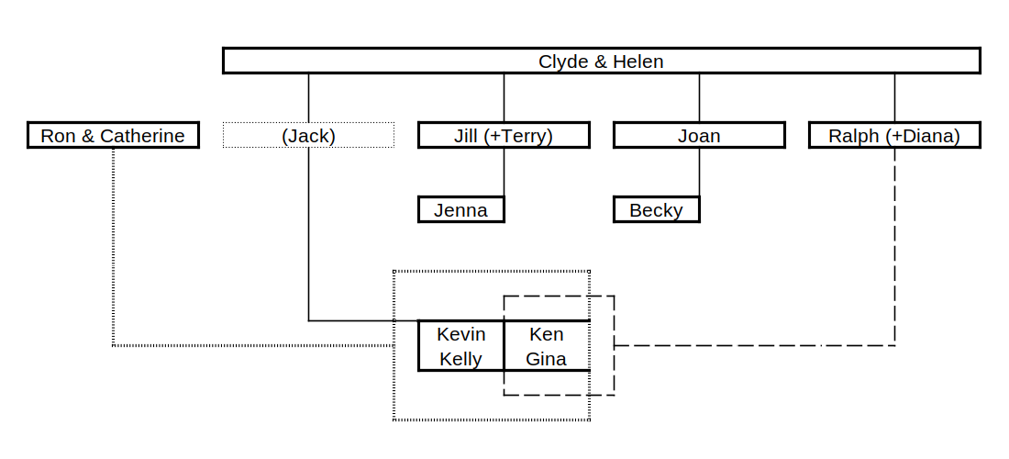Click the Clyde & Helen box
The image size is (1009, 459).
click(601, 62)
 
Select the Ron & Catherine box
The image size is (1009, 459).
click(113, 136)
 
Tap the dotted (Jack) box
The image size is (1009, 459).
click(308, 136)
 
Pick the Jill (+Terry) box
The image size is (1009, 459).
click(504, 136)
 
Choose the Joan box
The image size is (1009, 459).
click(699, 136)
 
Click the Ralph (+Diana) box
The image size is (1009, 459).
click(894, 136)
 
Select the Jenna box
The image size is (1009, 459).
click(460, 210)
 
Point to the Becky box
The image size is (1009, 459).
click(656, 210)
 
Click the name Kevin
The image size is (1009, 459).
click(460, 334)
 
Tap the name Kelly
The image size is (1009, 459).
click(460, 359)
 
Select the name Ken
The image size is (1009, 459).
click(547, 334)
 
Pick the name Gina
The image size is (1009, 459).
click(547, 359)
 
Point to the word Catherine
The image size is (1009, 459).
click(142, 136)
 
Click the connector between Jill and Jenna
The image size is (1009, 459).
click(504, 172)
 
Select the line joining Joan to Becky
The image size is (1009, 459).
click(699, 172)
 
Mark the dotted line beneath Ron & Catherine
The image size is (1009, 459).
click(113, 248)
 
